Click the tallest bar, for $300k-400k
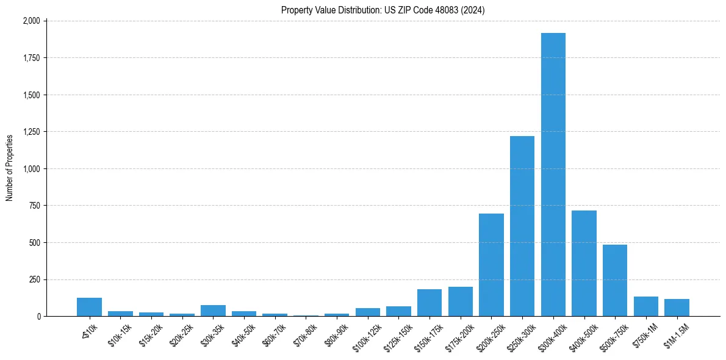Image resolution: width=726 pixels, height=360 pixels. (553, 175)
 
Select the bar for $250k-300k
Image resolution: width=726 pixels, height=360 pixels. (522, 226)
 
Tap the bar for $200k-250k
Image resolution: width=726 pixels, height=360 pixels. (491, 265)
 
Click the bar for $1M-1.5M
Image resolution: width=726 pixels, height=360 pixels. (677, 308)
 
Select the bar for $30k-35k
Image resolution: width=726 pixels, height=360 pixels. (213, 311)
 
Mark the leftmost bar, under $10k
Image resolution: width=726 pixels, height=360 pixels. (89, 307)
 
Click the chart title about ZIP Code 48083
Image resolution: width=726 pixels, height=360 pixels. (383, 10)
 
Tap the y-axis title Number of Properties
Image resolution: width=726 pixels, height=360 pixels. (10, 168)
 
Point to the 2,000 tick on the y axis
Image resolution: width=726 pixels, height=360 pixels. (31, 21)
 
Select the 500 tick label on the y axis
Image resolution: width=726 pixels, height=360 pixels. (35, 243)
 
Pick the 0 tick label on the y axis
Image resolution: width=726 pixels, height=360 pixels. (38, 317)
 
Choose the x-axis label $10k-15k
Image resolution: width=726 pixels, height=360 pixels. (120, 333)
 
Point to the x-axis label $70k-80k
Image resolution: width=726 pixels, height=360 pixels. (305, 333)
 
